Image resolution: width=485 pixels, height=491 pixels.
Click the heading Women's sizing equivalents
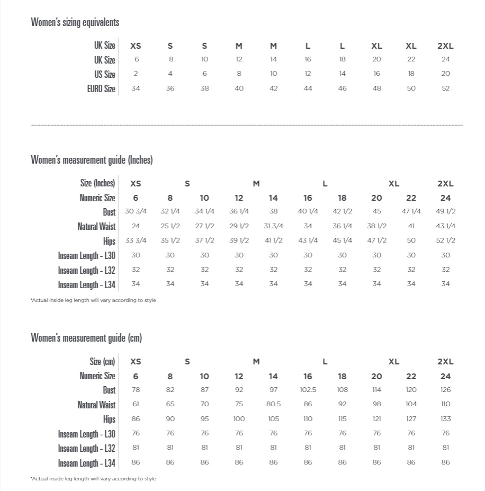pyautogui.click(x=75, y=22)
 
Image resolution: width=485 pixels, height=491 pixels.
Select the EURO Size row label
pyautogui.click(x=101, y=88)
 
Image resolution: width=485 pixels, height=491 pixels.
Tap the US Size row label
pyautogui.click(x=105, y=74)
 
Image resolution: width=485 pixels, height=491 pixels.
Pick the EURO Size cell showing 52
pyautogui.click(x=445, y=88)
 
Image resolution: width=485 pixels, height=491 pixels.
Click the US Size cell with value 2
pyautogui.click(x=136, y=74)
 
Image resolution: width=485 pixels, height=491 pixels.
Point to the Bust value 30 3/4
pyautogui.click(x=136, y=211)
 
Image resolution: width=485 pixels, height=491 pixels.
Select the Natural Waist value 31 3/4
pyautogui.click(x=273, y=226)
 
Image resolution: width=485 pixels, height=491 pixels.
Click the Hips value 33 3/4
pyautogui.click(x=136, y=240)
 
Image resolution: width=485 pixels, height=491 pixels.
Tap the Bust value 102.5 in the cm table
pyautogui.click(x=308, y=390)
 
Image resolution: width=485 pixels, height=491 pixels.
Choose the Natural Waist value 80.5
pyautogui.click(x=273, y=404)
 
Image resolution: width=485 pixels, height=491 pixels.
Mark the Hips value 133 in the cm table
pyautogui.click(x=445, y=419)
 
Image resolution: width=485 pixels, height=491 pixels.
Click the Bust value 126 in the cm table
pyautogui.click(x=445, y=390)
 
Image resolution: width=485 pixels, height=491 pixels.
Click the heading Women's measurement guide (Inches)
pyautogui.click(x=92, y=160)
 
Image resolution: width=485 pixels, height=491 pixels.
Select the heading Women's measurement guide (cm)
pyautogui.click(x=86, y=338)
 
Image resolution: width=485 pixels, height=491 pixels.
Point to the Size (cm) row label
pyautogui.click(x=102, y=362)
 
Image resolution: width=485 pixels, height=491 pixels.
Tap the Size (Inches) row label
pyautogui.click(x=97, y=183)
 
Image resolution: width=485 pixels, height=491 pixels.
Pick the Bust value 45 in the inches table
pyautogui.click(x=376, y=211)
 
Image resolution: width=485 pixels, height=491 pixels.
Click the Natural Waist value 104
pyautogui.click(x=411, y=404)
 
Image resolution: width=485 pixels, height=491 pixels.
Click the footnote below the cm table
pyautogui.click(x=93, y=479)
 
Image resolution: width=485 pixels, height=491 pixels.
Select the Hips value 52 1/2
pyautogui.click(x=445, y=240)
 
